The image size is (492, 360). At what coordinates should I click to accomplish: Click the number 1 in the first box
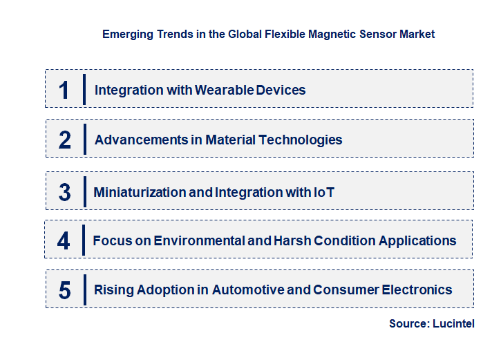[64, 90]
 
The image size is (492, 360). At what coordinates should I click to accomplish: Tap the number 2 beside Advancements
[65, 140]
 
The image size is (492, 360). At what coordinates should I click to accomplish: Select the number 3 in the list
[64, 192]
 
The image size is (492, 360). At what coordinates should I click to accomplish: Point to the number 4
[64, 241]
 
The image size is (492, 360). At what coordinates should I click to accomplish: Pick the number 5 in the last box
[64, 290]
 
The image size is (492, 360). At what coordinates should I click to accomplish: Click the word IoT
[323, 192]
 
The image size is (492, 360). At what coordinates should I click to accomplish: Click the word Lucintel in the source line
[453, 323]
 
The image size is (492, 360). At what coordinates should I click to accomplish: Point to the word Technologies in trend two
[300, 140]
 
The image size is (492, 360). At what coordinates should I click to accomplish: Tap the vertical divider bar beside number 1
[84, 89]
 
